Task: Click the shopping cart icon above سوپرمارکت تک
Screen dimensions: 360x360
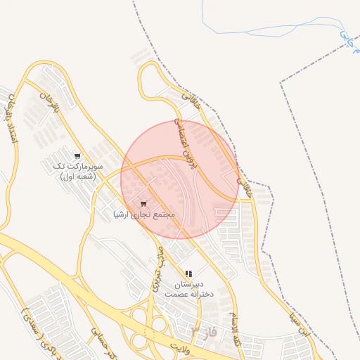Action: coord(77,156)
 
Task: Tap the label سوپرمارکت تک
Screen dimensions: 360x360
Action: coord(78,167)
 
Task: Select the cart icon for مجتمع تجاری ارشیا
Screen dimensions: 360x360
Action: coord(144,204)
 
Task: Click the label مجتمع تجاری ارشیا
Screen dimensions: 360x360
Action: coord(145,214)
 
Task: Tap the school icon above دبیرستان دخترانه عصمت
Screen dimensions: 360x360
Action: coord(188,274)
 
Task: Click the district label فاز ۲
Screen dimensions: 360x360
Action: coord(204,330)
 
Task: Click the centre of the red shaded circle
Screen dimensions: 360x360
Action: coord(180,180)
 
